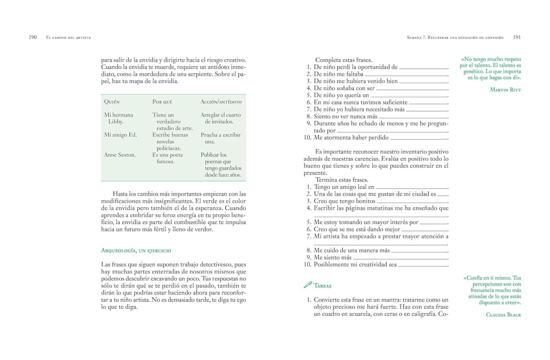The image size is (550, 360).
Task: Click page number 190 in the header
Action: pyautogui.click(x=33, y=37)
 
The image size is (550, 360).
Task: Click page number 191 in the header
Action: pyautogui.click(x=517, y=37)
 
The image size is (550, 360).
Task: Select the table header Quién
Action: pyautogui.click(x=112, y=102)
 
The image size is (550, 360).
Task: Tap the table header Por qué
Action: pyautogui.click(x=162, y=102)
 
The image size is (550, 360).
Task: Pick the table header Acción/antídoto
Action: pyautogui.click(x=221, y=102)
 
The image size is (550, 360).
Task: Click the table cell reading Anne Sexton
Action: pyautogui.click(x=120, y=155)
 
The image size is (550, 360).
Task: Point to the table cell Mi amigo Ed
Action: pyautogui.click(x=121, y=135)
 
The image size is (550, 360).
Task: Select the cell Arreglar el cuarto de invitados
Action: pyautogui.click(x=220, y=118)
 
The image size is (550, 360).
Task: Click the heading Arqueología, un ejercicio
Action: pyautogui.click(x=136, y=251)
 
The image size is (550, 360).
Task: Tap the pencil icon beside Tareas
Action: pyautogui.click(x=308, y=285)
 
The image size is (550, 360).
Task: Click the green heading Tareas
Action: pyautogui.click(x=323, y=285)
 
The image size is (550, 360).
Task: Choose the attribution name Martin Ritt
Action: pyautogui.click(x=506, y=90)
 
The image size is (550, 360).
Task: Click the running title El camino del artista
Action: pyautogui.click(x=68, y=38)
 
